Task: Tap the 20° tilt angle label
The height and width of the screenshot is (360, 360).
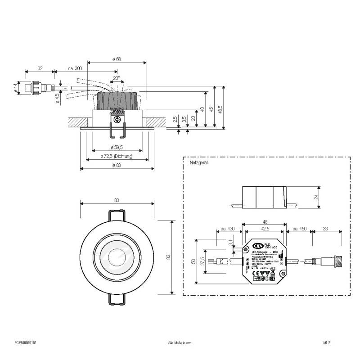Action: pyautogui.click(x=117, y=78)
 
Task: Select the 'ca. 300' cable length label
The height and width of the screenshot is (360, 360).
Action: pyautogui.click(x=75, y=68)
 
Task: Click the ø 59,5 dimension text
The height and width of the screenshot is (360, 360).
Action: pyautogui.click(x=117, y=147)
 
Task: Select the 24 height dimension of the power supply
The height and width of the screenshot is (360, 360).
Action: pyautogui.click(x=316, y=197)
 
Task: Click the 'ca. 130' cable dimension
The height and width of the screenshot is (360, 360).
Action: pyautogui.click(x=228, y=229)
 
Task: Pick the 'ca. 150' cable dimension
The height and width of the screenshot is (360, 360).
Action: pyautogui.click(x=299, y=229)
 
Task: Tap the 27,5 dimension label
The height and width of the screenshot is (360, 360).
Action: pyautogui.click(x=203, y=261)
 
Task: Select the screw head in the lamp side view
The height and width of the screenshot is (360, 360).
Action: pyautogui.click(x=117, y=120)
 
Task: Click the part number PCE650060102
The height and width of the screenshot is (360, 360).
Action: pyautogui.click(x=25, y=342)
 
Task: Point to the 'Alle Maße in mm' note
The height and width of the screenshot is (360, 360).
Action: pyautogui.click(x=180, y=342)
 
